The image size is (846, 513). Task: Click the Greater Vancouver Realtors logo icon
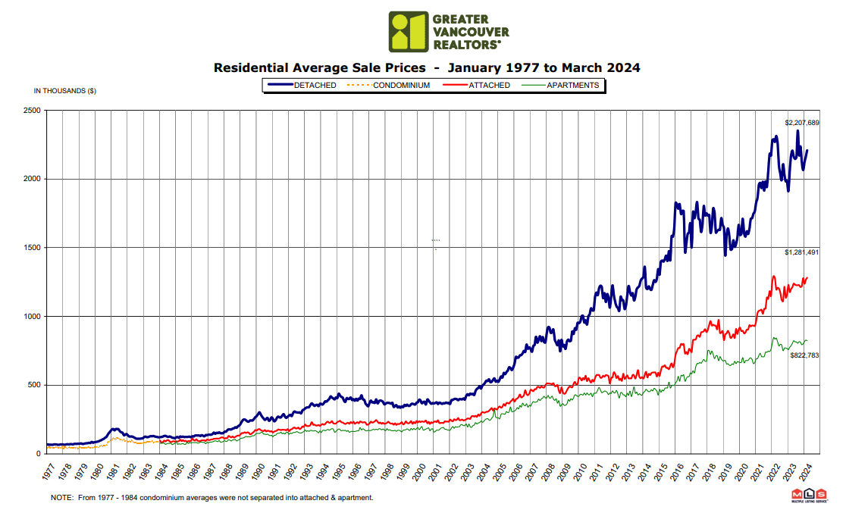[408, 31]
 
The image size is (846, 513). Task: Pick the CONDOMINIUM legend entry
[395, 86]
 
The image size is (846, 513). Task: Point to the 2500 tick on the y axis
[33, 111]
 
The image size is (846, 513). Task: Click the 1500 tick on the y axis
[33, 248]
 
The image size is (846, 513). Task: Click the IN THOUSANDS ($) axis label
[65, 91]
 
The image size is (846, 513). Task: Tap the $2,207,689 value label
[801, 123]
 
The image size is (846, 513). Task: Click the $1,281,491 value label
[801, 252]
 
